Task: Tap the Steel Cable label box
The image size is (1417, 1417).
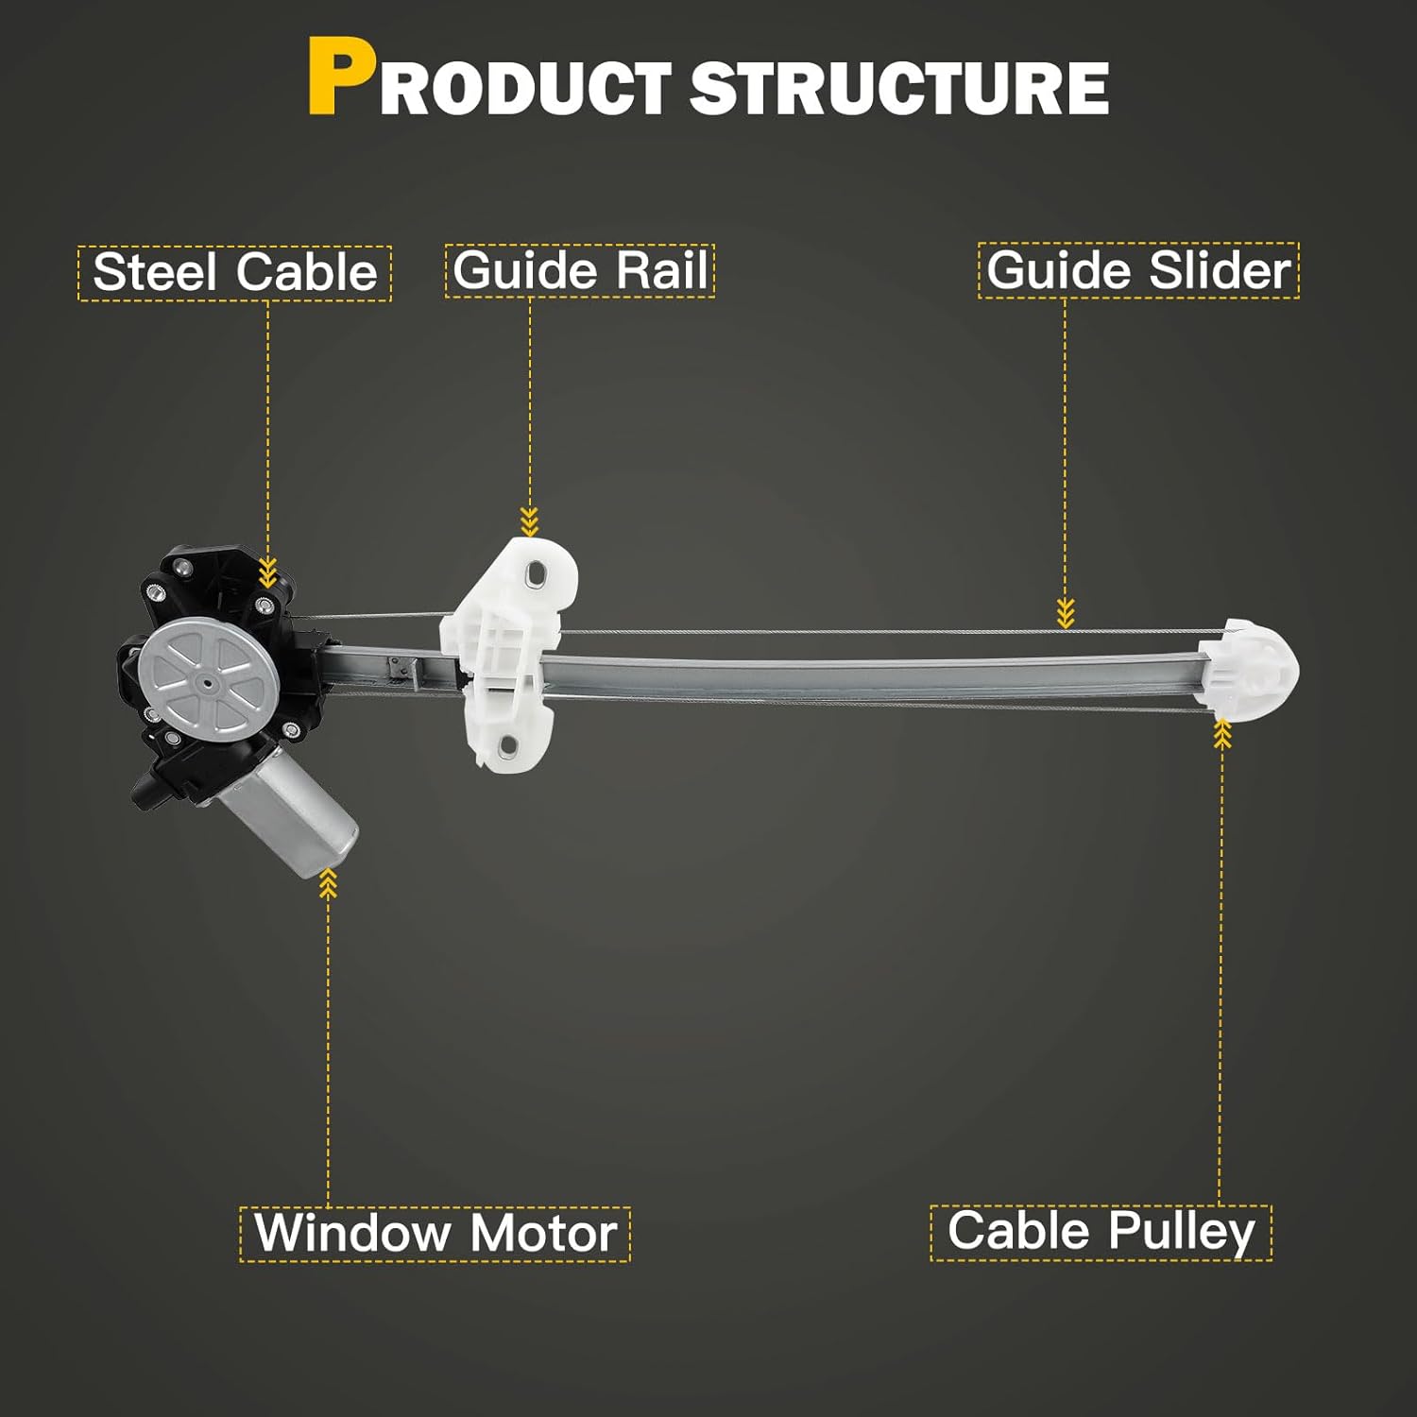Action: (x=234, y=273)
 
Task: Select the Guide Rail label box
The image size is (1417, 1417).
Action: (x=580, y=271)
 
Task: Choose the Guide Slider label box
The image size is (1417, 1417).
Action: (x=1138, y=271)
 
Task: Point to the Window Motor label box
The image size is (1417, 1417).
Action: (x=435, y=1234)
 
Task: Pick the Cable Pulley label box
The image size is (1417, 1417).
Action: (x=1101, y=1232)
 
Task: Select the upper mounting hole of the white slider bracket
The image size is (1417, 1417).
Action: (x=538, y=572)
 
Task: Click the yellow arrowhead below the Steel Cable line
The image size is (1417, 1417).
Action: (x=268, y=572)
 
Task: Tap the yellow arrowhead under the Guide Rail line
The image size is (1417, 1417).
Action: (x=529, y=521)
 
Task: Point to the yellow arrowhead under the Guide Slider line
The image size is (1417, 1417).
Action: (x=1066, y=614)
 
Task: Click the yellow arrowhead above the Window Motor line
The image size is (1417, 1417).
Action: (x=328, y=882)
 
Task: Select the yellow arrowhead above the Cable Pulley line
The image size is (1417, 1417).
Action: (x=1221, y=733)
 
